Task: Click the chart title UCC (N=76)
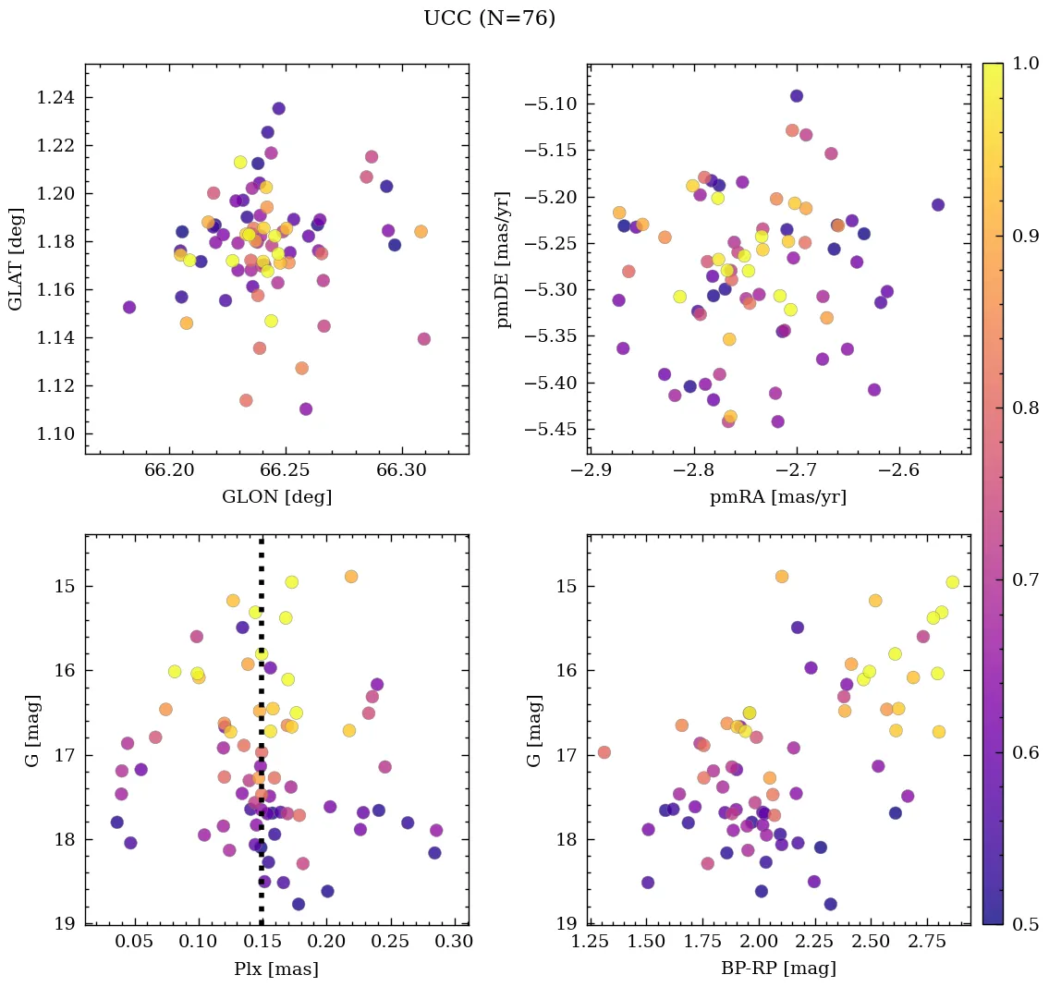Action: (x=489, y=18)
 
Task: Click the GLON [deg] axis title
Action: (x=276, y=497)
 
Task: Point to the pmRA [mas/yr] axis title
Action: (x=777, y=497)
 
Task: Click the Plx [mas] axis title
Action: (x=276, y=969)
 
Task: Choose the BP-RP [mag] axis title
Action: (x=777, y=969)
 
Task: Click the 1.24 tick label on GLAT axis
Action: (x=56, y=98)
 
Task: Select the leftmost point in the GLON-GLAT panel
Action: (x=129, y=307)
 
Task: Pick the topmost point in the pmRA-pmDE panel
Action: (x=797, y=96)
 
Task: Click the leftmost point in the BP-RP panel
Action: (x=604, y=752)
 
